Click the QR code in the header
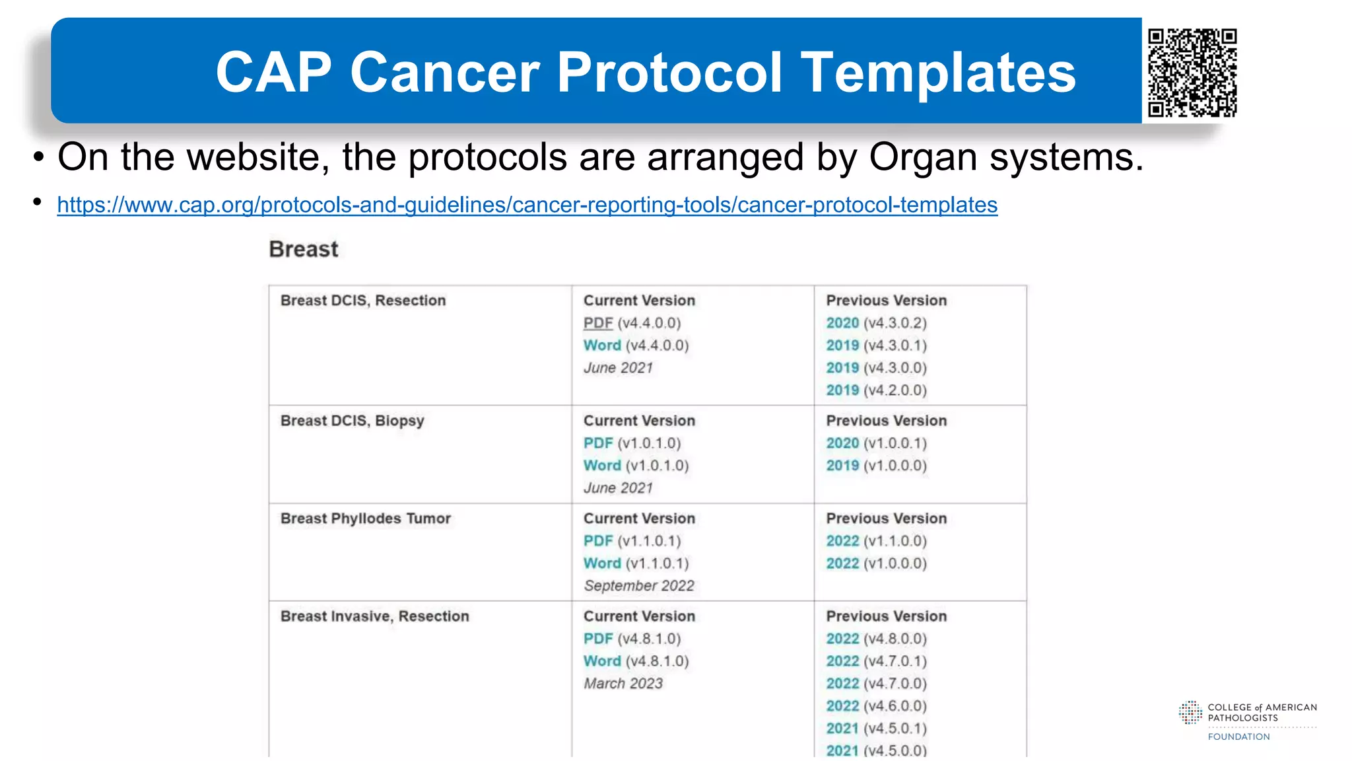pyautogui.click(x=1192, y=72)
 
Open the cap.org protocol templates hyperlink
pyautogui.click(x=527, y=205)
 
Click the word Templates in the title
pyautogui.click(x=938, y=73)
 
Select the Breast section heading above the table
pyautogui.click(x=304, y=249)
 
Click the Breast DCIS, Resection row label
pyautogui.click(x=363, y=301)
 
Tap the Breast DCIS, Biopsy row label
pyautogui.click(x=352, y=421)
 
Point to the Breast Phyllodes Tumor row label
pyautogui.click(x=366, y=519)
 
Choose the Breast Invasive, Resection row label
pyautogui.click(x=374, y=616)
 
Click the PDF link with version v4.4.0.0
pyautogui.click(x=598, y=323)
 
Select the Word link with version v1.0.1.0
pyautogui.click(x=602, y=466)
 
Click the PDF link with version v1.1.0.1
pyautogui.click(x=598, y=541)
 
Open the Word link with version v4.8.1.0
pyautogui.click(x=602, y=661)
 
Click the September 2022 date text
pyautogui.click(x=638, y=586)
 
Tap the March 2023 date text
pyautogui.click(x=623, y=684)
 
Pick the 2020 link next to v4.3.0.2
pyautogui.click(x=842, y=323)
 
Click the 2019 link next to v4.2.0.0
pyautogui.click(x=842, y=390)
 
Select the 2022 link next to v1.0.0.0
pyautogui.click(x=842, y=563)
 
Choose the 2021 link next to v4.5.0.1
pyautogui.click(x=842, y=729)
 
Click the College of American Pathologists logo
pyautogui.click(x=1247, y=720)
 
